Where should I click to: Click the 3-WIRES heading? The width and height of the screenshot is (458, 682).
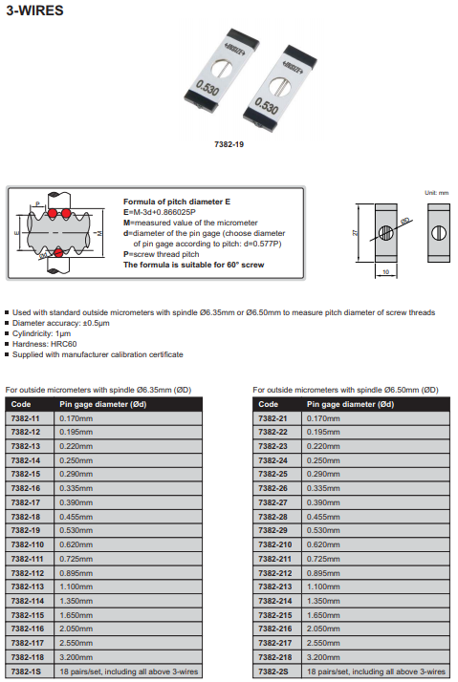click(34, 11)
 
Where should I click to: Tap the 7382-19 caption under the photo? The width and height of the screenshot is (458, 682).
click(229, 144)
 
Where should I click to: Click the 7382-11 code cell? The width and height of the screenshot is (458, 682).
click(30, 418)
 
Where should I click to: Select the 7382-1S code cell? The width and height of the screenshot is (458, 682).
click(30, 671)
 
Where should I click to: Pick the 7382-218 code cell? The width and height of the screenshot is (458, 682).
click(277, 657)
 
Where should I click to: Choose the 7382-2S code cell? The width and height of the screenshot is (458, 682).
click(277, 671)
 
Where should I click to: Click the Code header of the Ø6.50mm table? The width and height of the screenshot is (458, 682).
click(268, 404)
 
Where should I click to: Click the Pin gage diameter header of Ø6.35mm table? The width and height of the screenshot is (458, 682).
click(102, 404)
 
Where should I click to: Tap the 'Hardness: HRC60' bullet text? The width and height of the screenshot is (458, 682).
click(44, 344)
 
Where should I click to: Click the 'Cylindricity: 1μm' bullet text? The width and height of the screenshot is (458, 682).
click(41, 333)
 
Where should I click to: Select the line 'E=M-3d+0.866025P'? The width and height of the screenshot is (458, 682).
click(160, 212)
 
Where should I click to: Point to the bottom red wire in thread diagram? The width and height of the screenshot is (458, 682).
click(58, 253)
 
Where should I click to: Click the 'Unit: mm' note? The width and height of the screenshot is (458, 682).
click(436, 193)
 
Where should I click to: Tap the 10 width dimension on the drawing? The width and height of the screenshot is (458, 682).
click(385, 272)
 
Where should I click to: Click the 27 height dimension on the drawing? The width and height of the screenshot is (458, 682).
click(355, 233)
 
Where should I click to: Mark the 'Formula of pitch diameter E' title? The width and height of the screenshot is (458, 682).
click(177, 202)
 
